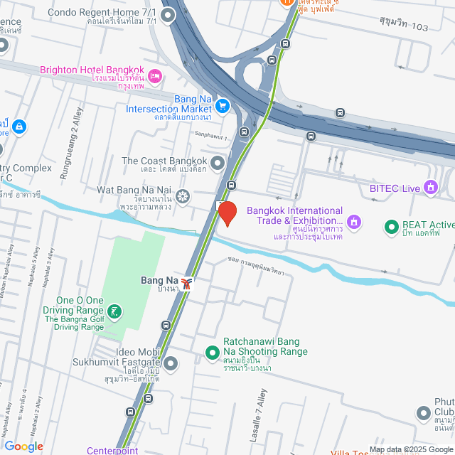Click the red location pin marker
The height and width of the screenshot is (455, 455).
point(227,213)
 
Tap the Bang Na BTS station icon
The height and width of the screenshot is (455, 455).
point(187,284)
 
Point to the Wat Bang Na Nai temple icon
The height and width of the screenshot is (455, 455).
point(183,196)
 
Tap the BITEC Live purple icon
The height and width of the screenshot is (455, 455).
point(430,188)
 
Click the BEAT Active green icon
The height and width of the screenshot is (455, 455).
point(390,227)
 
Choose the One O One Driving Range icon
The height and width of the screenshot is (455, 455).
point(114,311)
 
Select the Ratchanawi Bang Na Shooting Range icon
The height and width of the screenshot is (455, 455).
point(212,351)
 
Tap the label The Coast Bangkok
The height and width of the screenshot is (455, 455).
point(164,161)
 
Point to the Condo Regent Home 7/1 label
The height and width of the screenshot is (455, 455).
point(103,13)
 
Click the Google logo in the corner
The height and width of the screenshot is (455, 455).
point(24,446)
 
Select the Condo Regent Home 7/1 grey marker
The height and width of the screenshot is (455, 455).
point(168,14)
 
